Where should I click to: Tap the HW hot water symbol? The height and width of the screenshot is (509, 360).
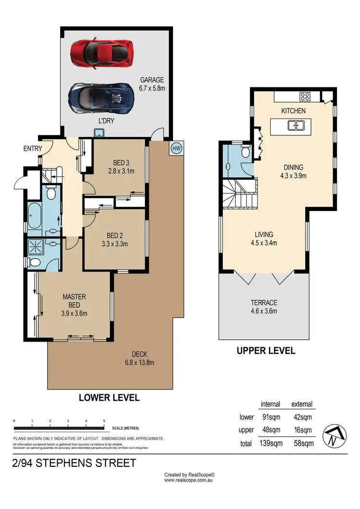pyautogui.click(x=176, y=147)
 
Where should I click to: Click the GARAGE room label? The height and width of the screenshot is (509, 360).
pyautogui.click(x=152, y=80)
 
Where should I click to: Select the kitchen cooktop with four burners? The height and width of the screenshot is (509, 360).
pyautogui.click(x=305, y=96)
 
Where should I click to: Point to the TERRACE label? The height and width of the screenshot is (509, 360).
pyautogui.click(x=264, y=303)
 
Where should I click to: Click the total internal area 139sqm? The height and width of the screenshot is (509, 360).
pyautogui.click(x=270, y=444)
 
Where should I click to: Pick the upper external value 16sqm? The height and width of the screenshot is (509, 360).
pyautogui.click(x=302, y=430)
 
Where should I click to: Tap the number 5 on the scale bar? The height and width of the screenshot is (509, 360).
pyautogui.click(x=104, y=421)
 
